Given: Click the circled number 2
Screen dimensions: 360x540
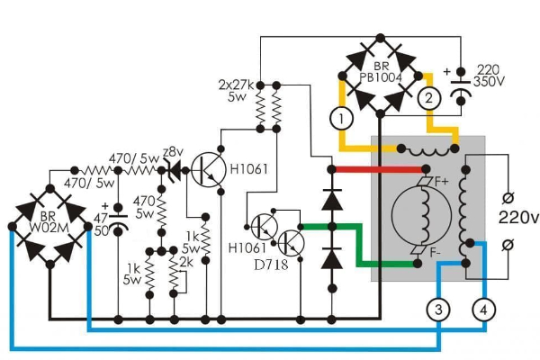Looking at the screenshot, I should (429, 97).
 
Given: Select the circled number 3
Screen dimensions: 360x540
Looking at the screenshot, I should (438, 310).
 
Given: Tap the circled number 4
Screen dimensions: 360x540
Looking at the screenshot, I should (485, 310).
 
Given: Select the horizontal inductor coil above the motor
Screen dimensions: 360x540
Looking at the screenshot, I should (420, 150).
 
